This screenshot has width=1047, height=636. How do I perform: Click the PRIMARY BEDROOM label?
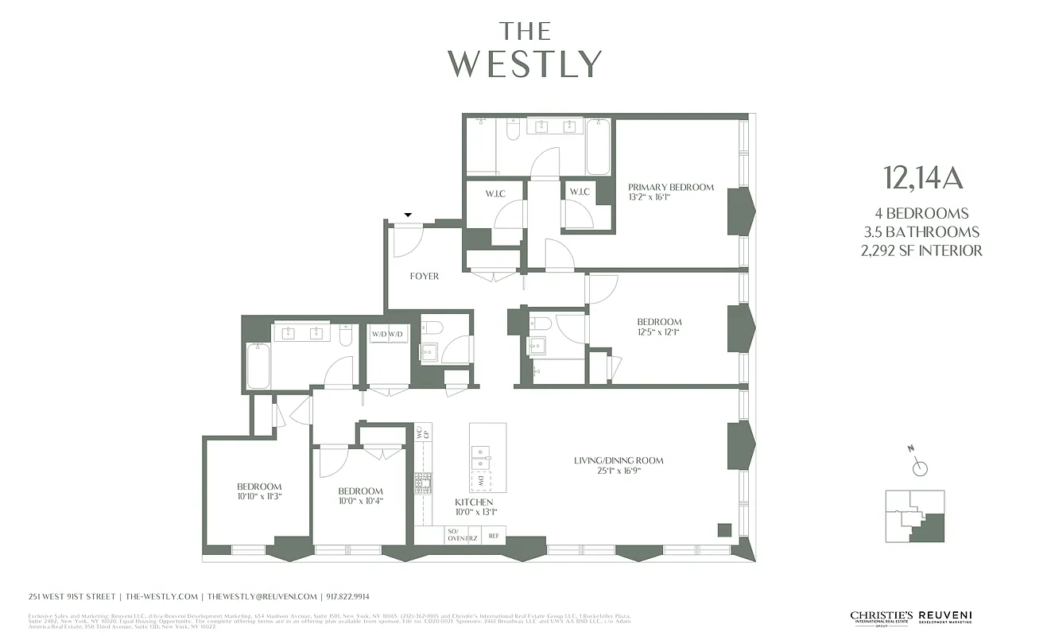(x=670, y=188)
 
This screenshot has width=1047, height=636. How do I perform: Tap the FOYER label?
(x=424, y=277)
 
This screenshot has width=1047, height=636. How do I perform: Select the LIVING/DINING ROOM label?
(x=619, y=460)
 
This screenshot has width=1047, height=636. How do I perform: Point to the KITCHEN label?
(x=474, y=502)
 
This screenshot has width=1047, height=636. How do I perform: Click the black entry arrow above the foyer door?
(x=409, y=215)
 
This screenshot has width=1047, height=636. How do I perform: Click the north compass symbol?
(x=919, y=467)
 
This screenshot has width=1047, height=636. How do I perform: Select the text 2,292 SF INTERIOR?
(x=922, y=250)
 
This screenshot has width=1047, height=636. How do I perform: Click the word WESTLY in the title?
(x=525, y=64)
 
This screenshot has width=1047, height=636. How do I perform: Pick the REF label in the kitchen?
(x=493, y=536)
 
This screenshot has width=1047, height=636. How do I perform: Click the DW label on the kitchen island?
(x=481, y=481)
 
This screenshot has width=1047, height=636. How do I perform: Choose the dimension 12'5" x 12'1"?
(x=658, y=332)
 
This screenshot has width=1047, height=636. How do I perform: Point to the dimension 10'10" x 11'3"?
(x=258, y=496)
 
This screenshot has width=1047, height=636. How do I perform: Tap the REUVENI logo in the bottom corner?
(x=945, y=617)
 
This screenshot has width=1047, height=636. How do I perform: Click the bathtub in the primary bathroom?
(x=598, y=146)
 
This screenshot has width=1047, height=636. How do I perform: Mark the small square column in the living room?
(x=723, y=529)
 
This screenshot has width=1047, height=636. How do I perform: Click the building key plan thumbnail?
(x=915, y=517)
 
